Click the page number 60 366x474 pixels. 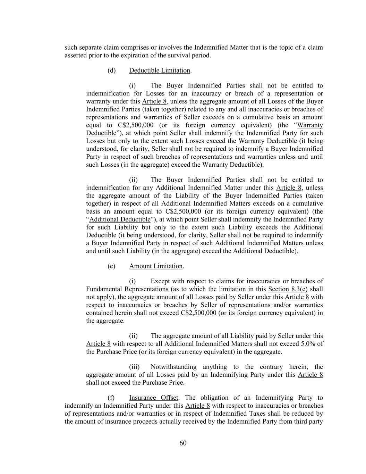point(183,443)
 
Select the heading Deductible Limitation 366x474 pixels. point(160,70)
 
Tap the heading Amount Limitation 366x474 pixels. point(156,266)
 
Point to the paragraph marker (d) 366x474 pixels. point(111,70)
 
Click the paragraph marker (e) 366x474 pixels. point(111,266)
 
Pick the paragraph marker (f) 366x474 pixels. point(111,398)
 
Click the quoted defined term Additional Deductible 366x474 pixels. point(120,219)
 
